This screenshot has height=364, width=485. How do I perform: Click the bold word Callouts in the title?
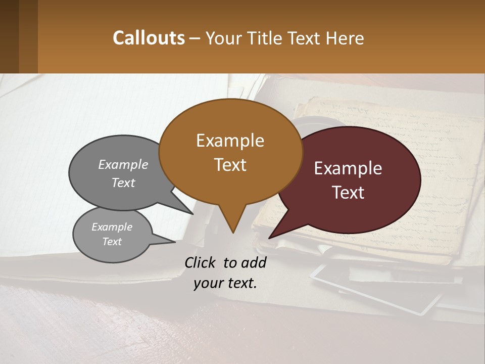pyautogui.click(x=149, y=38)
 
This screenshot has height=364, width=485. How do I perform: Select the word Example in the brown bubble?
pyautogui.click(x=230, y=141)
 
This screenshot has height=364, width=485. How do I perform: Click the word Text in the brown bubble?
pyautogui.click(x=230, y=165)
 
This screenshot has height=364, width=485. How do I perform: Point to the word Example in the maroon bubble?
pyautogui.click(x=348, y=168)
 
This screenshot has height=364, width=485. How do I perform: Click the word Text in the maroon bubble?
pyautogui.click(x=348, y=193)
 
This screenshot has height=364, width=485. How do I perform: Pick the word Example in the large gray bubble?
pyautogui.click(x=123, y=164)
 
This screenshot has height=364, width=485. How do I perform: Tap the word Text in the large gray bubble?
pyautogui.click(x=123, y=183)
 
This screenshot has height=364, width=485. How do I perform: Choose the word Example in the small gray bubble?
pyautogui.click(x=112, y=227)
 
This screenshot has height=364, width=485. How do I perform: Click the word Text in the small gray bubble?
pyautogui.click(x=112, y=242)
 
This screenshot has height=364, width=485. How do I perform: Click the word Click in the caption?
pyautogui.click(x=201, y=262)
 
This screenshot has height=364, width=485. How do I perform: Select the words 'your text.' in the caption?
pyautogui.click(x=225, y=283)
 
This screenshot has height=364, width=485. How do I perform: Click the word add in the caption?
pyautogui.click(x=254, y=262)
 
